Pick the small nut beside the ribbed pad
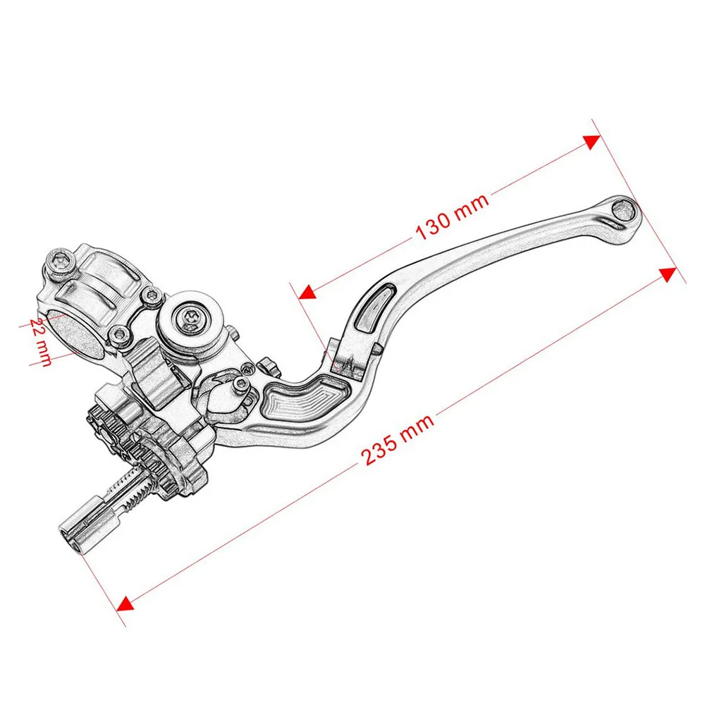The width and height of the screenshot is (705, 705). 266,365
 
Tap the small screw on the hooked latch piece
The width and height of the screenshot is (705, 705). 241,384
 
